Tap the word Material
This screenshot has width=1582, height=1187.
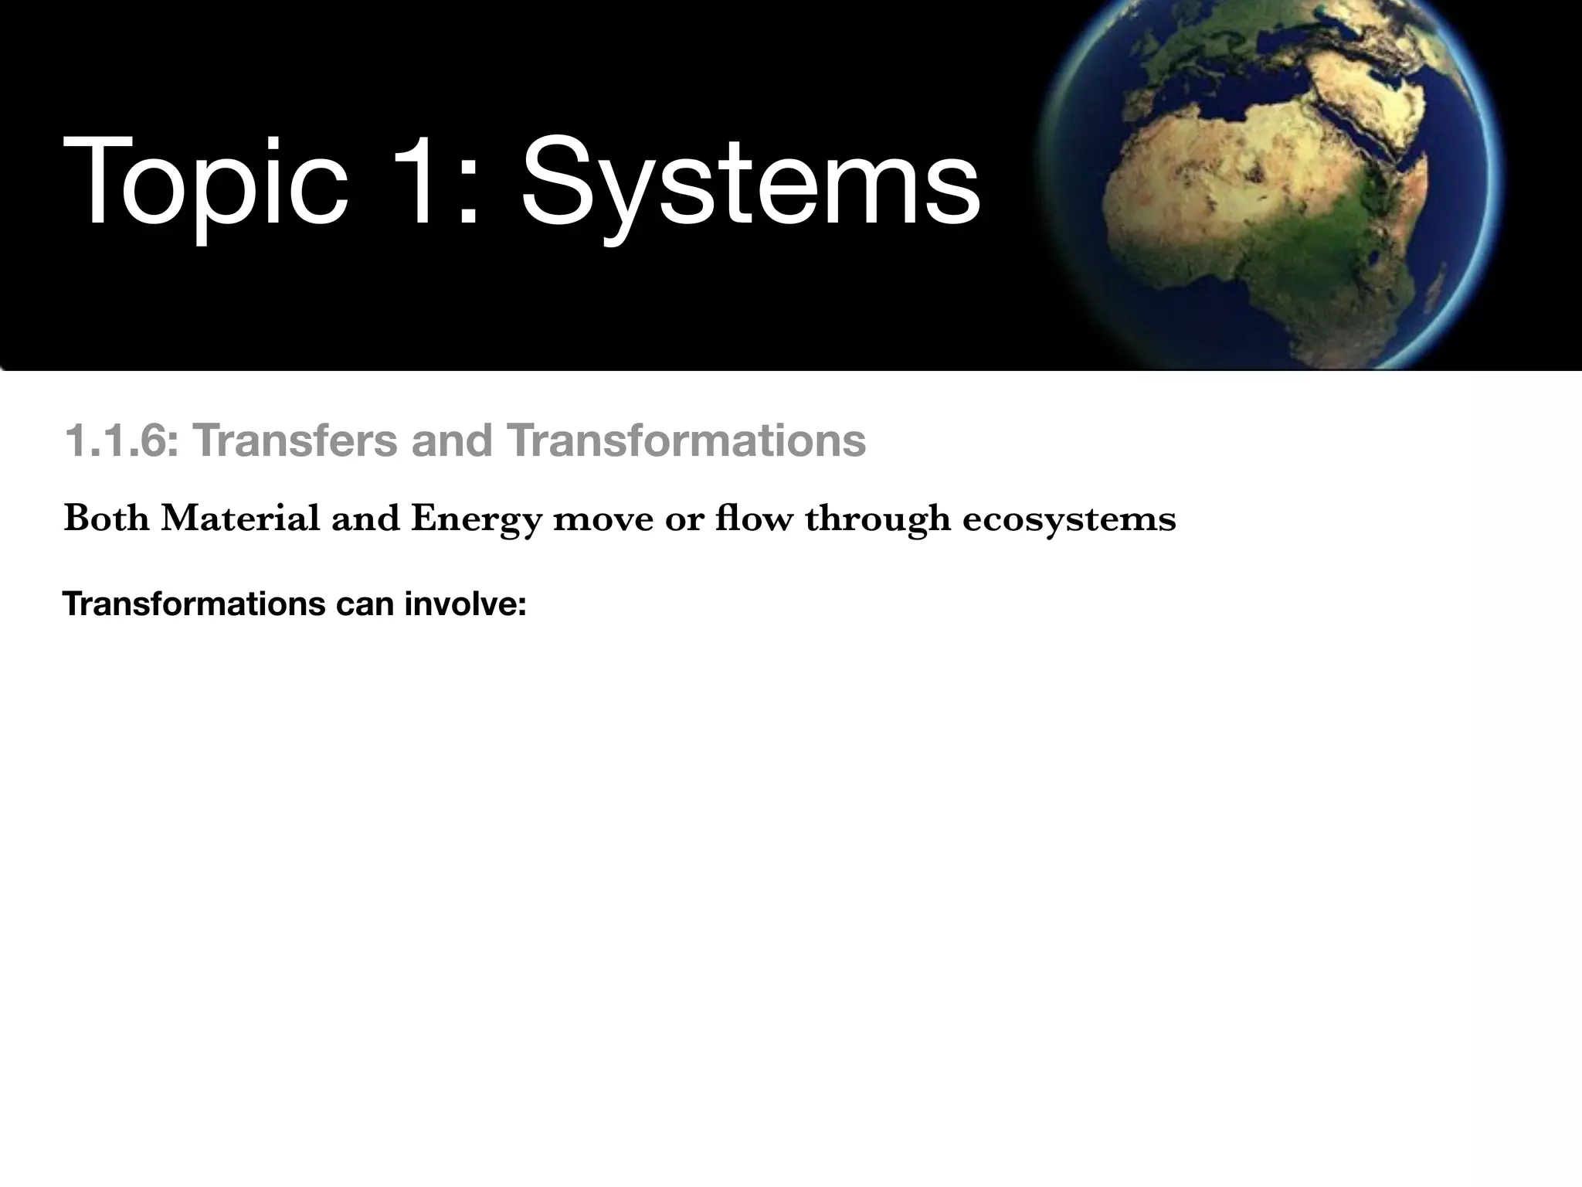click(240, 518)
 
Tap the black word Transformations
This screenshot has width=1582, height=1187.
click(193, 604)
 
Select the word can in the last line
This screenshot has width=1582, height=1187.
click(365, 604)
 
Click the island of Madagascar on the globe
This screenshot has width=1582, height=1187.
click(1435, 289)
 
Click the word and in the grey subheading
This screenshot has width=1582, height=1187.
click(452, 441)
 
